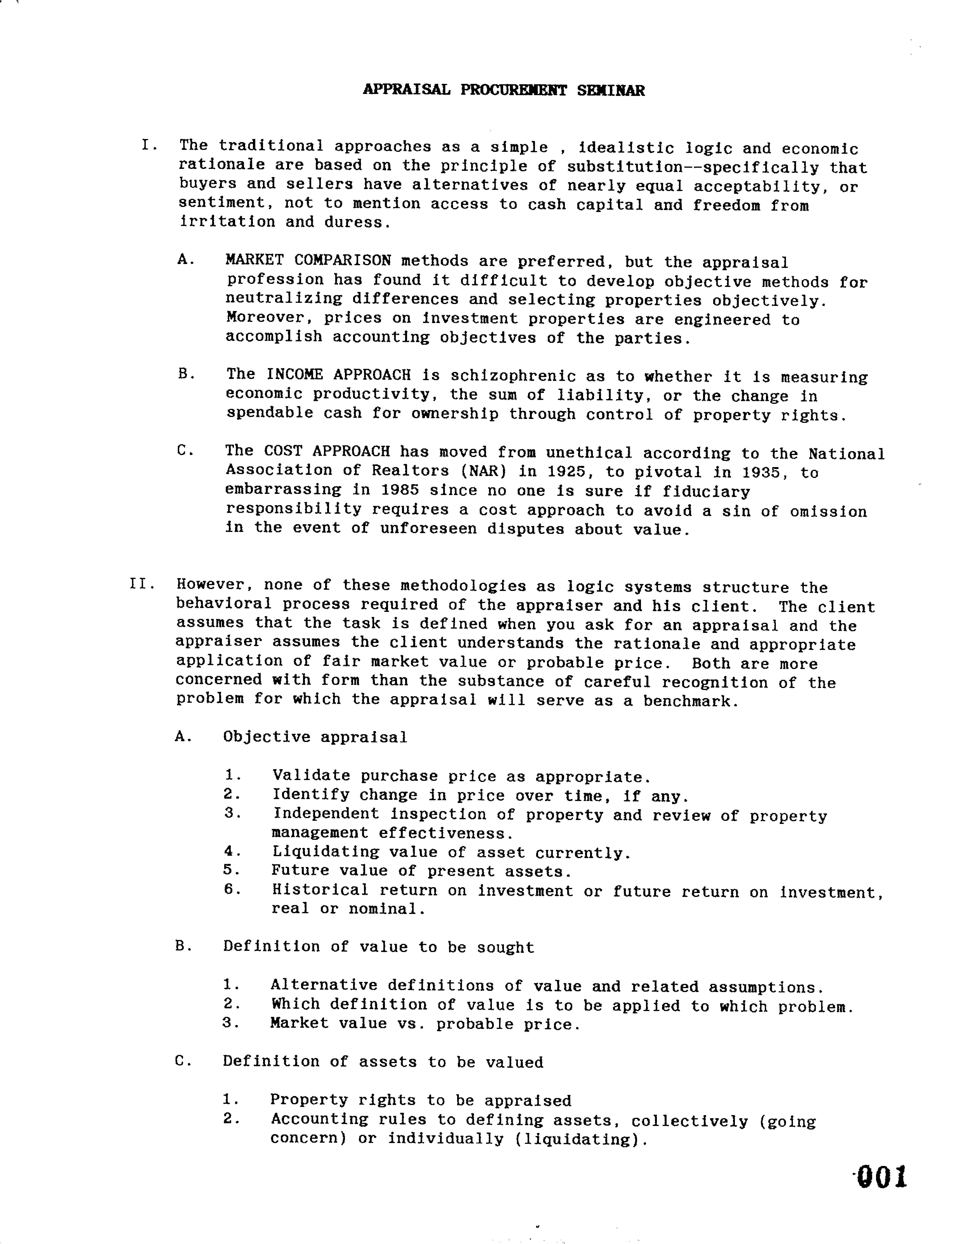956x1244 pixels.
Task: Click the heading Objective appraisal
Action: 315,738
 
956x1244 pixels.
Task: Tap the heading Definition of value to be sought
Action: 378,947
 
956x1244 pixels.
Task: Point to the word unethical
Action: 589,452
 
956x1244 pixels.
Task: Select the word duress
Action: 357,222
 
